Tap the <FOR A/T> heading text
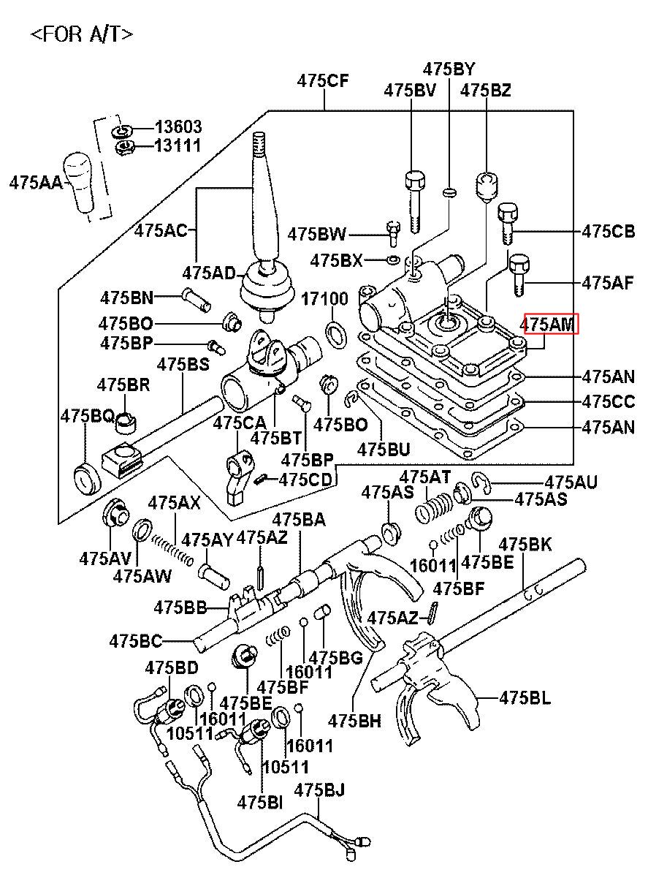click(82, 34)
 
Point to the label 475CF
click(324, 81)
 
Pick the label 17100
click(326, 299)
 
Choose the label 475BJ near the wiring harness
click(319, 790)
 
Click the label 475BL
click(525, 697)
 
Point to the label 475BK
click(525, 544)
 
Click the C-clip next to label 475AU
click(480, 480)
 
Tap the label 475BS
click(183, 363)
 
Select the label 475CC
click(608, 401)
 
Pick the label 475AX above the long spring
click(174, 503)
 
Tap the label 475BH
click(355, 720)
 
